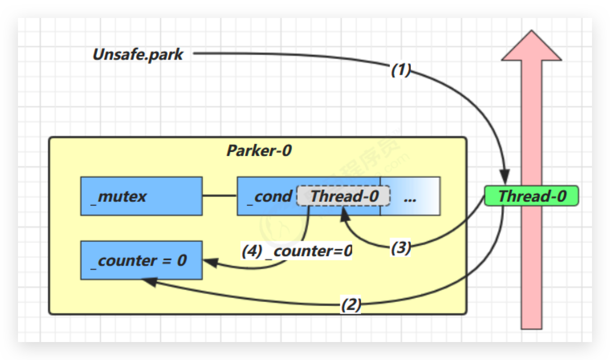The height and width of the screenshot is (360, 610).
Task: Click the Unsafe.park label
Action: coord(138,54)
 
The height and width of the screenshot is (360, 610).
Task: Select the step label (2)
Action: coord(351,305)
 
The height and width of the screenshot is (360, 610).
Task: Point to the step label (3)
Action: coord(400,248)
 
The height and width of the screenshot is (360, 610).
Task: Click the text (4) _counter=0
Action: coord(296,251)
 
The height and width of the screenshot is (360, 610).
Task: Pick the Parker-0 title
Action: coord(259,150)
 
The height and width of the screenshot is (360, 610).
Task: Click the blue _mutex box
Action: coord(141,196)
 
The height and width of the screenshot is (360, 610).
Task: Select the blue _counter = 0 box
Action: coord(141,260)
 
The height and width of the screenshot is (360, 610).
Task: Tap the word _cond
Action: coord(270,196)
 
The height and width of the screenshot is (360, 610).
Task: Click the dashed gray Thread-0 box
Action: coord(343,196)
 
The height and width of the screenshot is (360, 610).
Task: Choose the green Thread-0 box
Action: coord(531,196)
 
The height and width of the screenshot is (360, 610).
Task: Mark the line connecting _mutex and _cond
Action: coord(220,196)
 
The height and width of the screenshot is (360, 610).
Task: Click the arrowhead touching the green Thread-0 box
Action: coord(506,176)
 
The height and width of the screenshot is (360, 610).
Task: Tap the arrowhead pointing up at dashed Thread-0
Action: coord(345,213)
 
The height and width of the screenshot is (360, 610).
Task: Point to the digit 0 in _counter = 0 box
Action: coord(181,261)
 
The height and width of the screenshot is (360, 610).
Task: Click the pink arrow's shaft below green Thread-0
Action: coord(532,269)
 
